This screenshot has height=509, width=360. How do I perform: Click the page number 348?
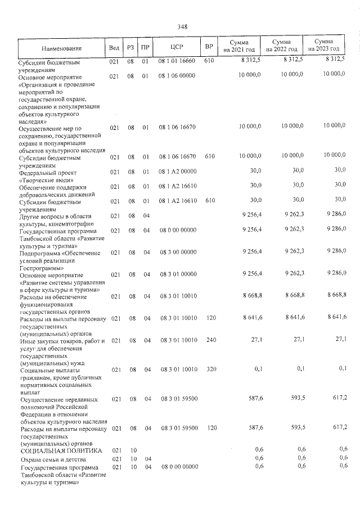tap(182, 27)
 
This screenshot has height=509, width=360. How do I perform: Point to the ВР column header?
tap(209, 46)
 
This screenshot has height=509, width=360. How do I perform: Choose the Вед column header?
tap(114, 47)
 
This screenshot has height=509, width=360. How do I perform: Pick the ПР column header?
tap(145, 47)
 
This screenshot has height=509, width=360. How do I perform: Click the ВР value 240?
tap(209, 340)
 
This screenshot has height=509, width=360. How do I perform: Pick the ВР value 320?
tap(209, 370)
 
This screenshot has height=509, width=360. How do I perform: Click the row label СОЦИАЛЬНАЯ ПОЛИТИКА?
tap(61, 451)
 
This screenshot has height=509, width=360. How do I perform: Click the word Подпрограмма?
tap(41, 253)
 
